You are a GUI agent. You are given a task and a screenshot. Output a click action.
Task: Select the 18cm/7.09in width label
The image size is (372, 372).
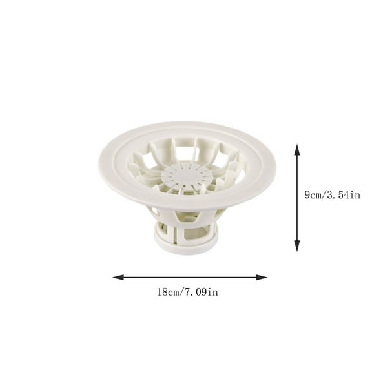(x=187, y=293)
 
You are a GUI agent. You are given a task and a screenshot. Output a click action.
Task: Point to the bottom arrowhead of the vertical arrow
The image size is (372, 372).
(x=297, y=247)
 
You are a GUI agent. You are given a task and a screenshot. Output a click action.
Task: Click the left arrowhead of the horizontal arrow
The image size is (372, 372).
(x=116, y=277)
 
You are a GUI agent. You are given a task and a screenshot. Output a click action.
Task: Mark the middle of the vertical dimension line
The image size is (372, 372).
(x=297, y=198)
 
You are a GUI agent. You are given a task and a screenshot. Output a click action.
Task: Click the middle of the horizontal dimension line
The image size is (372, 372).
(x=189, y=277)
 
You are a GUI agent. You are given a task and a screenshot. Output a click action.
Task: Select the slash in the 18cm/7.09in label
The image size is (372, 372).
(x=183, y=293)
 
